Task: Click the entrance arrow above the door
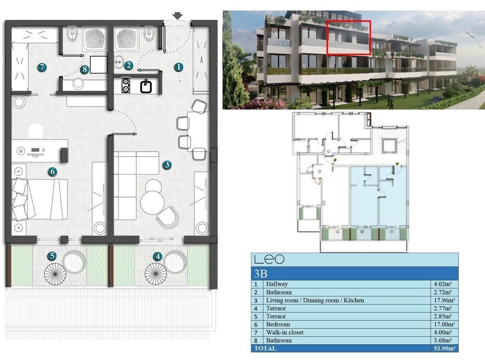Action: point(177,16)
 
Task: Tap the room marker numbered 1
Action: point(179,68)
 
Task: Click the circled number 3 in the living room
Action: point(167,165)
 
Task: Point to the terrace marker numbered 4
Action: point(158,256)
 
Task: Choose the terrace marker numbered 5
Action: point(51,256)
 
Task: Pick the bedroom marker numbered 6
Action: point(52,172)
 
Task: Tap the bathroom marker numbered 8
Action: point(84,70)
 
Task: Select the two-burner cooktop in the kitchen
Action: point(125,86)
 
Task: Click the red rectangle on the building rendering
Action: point(349,37)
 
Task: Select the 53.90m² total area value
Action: point(444,348)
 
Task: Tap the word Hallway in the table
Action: point(277,284)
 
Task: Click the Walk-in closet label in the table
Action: point(285,332)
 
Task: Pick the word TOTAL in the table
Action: point(265,348)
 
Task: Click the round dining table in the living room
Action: point(152,202)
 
